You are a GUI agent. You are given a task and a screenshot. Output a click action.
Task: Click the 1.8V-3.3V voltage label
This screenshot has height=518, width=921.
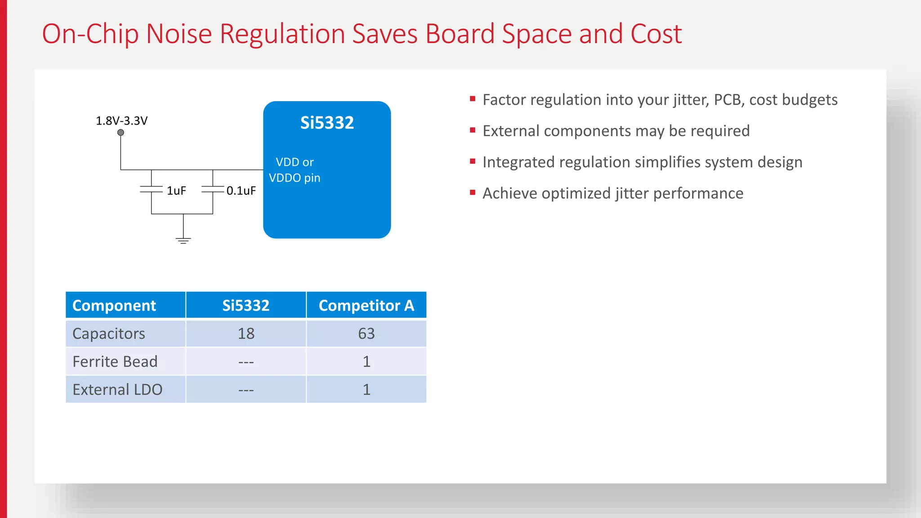[x=121, y=121]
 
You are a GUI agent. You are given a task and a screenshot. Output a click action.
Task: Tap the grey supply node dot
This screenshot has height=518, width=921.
[x=121, y=133]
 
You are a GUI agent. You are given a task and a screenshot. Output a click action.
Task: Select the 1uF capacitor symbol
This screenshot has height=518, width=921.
[x=151, y=190]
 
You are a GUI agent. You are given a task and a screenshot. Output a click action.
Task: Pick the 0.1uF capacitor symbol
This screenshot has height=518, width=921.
[x=213, y=190]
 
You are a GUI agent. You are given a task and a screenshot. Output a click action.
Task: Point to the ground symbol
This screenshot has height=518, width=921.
[x=183, y=240]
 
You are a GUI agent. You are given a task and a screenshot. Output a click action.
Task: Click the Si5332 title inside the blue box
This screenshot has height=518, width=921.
[x=327, y=123]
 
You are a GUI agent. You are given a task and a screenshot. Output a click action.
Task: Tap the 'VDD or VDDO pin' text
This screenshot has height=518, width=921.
[x=295, y=170]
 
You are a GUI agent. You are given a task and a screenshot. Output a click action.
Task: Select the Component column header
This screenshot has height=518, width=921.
[x=114, y=306]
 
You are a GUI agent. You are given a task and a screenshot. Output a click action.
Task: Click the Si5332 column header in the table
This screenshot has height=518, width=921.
[x=246, y=306]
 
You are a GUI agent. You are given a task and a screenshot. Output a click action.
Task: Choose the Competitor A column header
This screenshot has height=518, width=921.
[x=366, y=306]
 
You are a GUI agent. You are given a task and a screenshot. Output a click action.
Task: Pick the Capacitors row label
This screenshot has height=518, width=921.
[x=109, y=334]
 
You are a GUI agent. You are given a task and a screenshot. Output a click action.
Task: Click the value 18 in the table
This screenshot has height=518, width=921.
[x=246, y=334]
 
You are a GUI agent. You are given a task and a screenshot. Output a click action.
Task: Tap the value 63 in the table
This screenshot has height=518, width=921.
[x=366, y=334]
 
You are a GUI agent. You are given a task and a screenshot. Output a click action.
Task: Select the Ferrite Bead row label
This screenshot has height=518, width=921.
[x=115, y=362]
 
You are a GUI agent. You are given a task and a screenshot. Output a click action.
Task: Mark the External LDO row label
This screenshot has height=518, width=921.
[x=117, y=389]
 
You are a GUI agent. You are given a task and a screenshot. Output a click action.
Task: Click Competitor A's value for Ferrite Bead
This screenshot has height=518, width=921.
[x=367, y=362]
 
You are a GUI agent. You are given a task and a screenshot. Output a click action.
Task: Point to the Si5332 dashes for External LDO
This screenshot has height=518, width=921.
[x=246, y=390]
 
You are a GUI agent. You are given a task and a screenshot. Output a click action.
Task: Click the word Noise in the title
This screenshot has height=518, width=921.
[x=179, y=34]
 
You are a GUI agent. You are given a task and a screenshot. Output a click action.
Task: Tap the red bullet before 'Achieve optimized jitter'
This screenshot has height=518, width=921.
[x=473, y=193]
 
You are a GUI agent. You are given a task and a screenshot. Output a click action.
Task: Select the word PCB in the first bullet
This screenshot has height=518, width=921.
[x=728, y=100]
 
